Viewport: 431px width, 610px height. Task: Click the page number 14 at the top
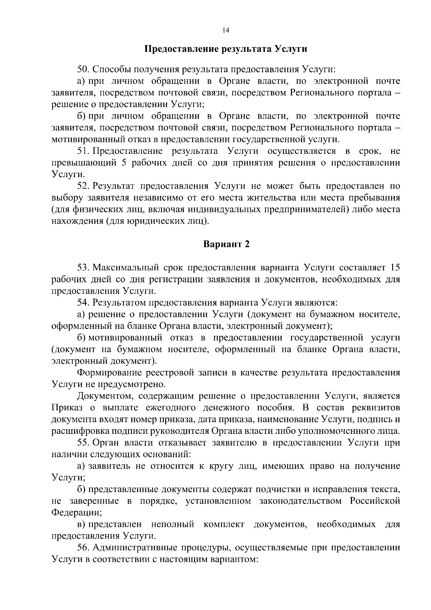(226, 31)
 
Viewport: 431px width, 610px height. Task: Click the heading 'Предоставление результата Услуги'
(226, 49)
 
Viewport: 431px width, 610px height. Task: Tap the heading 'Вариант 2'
(226, 244)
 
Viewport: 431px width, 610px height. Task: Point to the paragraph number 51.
(83, 151)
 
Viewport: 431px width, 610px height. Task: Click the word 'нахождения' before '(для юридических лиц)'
(77, 221)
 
